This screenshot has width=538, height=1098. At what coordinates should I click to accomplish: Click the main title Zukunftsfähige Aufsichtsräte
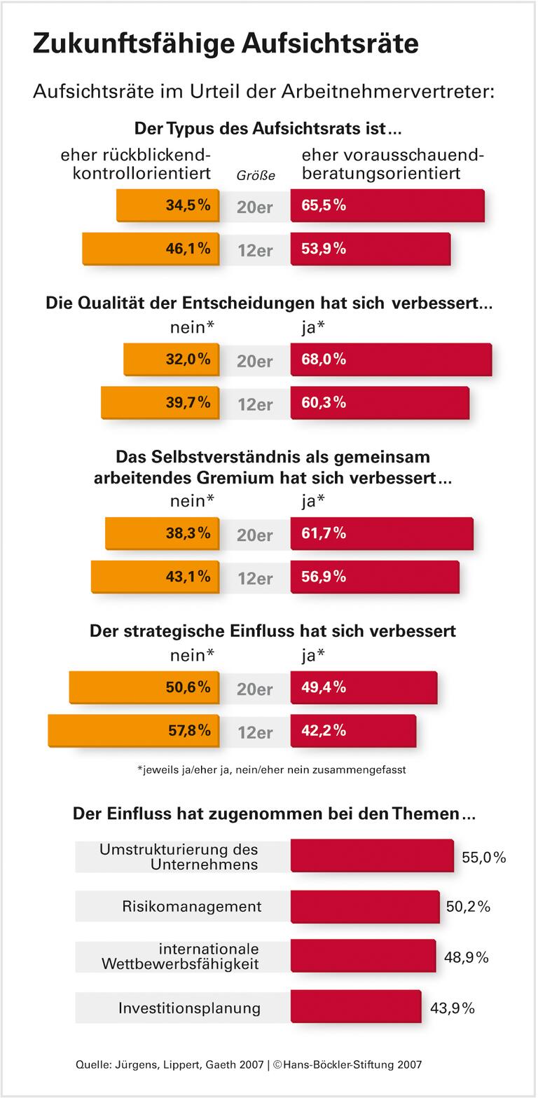click(226, 43)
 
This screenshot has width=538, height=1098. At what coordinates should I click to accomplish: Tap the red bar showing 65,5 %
click(387, 205)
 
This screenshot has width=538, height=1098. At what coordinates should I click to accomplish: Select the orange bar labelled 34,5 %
click(168, 205)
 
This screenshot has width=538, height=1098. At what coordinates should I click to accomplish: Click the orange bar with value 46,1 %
click(151, 249)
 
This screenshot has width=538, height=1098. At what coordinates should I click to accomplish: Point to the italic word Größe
click(256, 176)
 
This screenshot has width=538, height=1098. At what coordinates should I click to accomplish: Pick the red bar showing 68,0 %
click(391, 359)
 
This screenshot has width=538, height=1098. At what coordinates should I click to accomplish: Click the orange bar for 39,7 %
click(160, 403)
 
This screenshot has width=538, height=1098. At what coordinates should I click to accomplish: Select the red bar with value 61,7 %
click(382, 533)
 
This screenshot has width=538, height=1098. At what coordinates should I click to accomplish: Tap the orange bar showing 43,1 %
click(156, 577)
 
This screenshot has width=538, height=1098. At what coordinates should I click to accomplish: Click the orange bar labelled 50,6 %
click(144, 687)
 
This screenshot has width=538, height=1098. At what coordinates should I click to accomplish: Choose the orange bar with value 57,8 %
click(134, 731)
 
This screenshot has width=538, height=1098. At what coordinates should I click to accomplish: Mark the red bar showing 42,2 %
click(353, 731)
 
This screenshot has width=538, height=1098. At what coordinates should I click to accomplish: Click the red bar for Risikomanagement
click(365, 907)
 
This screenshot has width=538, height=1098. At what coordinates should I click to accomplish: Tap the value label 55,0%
click(483, 858)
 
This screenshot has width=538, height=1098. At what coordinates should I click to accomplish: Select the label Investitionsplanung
click(189, 1008)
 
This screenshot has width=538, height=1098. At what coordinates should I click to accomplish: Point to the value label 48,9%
click(466, 957)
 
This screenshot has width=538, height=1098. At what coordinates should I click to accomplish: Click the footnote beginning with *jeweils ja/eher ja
click(272, 769)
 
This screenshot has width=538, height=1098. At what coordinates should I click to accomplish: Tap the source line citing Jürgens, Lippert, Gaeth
click(249, 1064)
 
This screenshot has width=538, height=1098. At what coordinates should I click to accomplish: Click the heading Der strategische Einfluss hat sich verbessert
click(273, 631)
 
